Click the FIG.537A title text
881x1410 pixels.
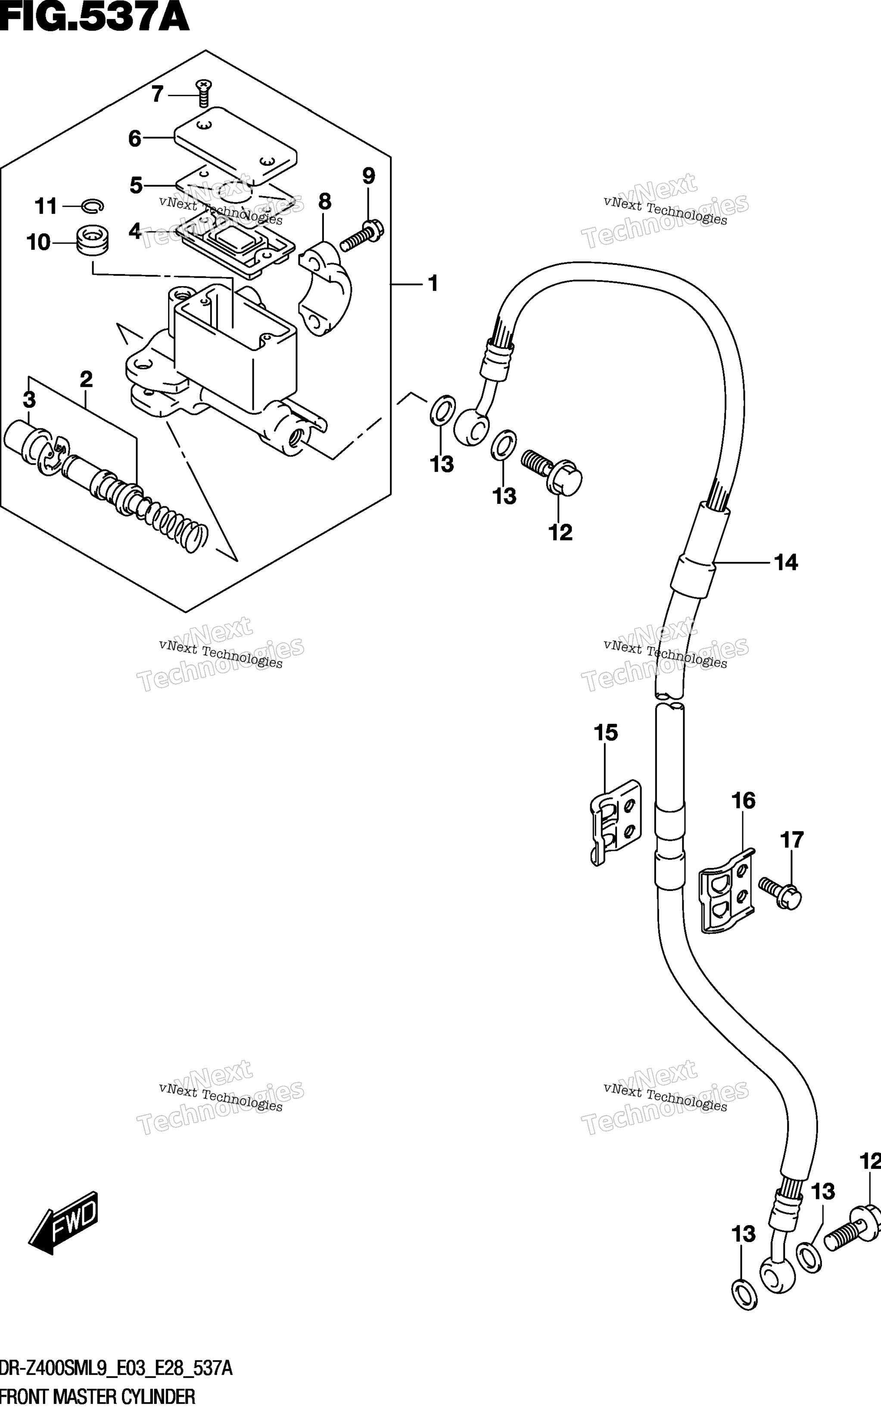(94, 18)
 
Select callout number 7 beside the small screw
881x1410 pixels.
(157, 94)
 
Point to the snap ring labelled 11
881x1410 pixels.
(93, 205)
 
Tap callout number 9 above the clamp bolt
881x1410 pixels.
(369, 176)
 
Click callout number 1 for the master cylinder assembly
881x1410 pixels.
(433, 284)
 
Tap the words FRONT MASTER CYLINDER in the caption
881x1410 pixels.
(98, 1397)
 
